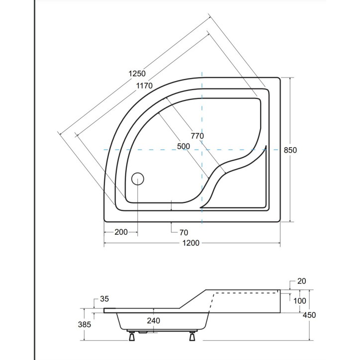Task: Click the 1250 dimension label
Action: pos(137,74)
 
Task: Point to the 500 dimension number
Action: pos(183,146)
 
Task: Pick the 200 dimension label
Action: pos(121,232)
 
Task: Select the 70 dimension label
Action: pos(183,232)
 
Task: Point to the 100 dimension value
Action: pos(299,301)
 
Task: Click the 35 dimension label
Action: pos(104,299)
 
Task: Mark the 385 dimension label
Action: pos(85,325)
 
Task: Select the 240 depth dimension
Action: pos(153,321)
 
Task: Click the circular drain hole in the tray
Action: pos(138,179)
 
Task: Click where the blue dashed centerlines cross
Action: pos(202,149)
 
